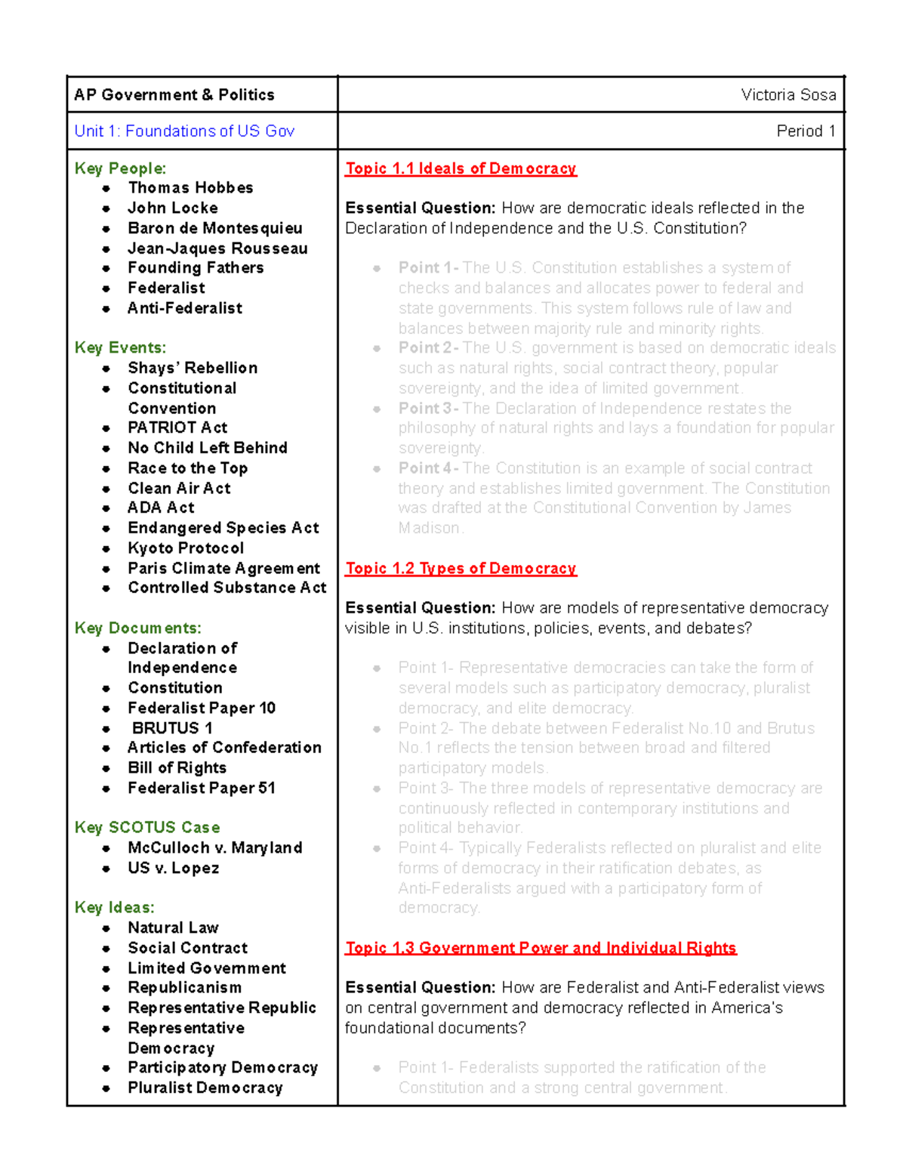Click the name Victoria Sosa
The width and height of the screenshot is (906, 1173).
(x=788, y=95)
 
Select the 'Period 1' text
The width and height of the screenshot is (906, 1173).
(x=806, y=131)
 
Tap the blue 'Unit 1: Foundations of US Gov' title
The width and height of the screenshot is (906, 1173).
(x=184, y=131)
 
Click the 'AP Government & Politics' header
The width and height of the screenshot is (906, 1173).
(x=174, y=95)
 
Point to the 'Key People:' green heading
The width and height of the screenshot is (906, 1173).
(x=120, y=168)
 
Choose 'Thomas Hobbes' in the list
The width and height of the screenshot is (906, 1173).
(x=190, y=188)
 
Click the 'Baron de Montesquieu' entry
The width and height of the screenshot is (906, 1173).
(x=215, y=228)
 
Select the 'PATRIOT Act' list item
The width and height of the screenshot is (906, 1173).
(x=177, y=428)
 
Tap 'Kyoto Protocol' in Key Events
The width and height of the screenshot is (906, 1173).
(x=186, y=548)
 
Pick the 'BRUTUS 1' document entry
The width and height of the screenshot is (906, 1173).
(x=172, y=728)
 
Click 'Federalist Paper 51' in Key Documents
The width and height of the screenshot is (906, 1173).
(x=202, y=789)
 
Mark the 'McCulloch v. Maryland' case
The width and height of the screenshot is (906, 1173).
(x=215, y=848)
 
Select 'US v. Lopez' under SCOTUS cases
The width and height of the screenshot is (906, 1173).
(x=174, y=869)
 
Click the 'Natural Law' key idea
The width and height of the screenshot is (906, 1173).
(x=173, y=928)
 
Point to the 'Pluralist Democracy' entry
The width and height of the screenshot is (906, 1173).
(x=205, y=1088)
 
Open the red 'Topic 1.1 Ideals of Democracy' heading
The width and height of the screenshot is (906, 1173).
(x=461, y=168)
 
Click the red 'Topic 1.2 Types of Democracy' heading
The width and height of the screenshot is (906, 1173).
(x=461, y=569)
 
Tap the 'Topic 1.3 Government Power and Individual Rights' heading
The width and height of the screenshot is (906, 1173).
(x=541, y=949)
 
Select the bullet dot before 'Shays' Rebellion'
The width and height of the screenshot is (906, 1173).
(x=106, y=369)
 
